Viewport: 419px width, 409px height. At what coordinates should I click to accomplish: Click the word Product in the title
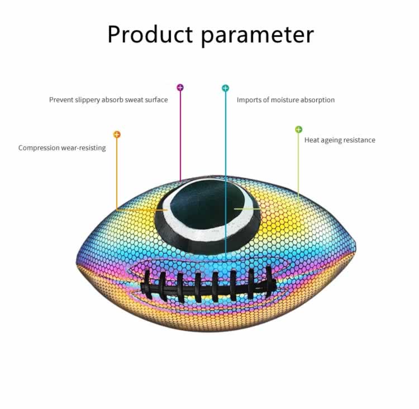click(150, 34)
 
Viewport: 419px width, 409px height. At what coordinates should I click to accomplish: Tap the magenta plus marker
click(180, 87)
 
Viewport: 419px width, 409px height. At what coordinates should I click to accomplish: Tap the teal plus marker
click(226, 88)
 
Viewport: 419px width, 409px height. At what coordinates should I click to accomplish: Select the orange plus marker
click(117, 134)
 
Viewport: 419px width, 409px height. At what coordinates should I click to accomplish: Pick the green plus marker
click(298, 130)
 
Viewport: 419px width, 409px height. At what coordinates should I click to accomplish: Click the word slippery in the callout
click(87, 100)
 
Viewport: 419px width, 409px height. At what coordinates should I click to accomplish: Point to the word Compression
click(39, 148)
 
